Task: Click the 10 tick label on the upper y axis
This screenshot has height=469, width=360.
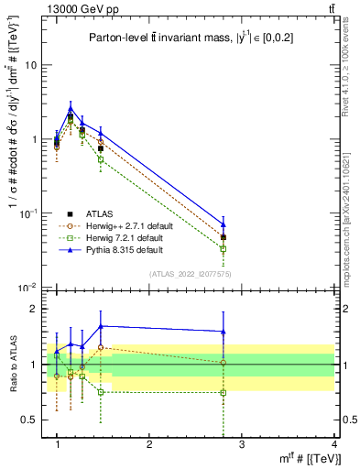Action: pyautogui.click(x=35, y=66)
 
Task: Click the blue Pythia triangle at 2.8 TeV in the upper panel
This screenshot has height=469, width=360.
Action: pyautogui.click(x=223, y=224)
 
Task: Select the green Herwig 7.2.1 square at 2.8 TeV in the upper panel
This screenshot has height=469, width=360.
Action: pyautogui.click(x=223, y=248)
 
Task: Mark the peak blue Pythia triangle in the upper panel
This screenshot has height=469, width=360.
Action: pyautogui.click(x=71, y=107)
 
